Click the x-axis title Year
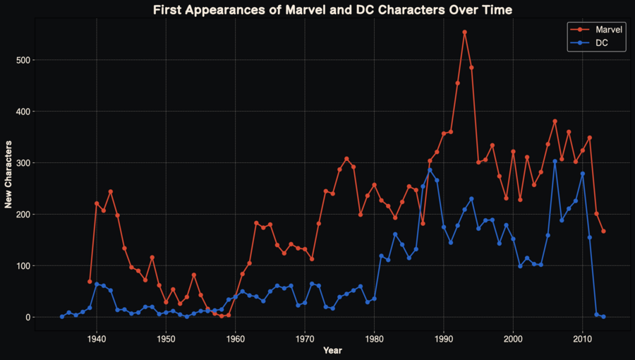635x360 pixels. click(x=332, y=350)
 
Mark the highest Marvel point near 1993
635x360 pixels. click(x=464, y=32)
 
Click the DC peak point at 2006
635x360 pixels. click(x=555, y=161)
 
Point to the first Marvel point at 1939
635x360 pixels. click(x=90, y=282)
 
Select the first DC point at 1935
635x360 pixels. click(x=62, y=317)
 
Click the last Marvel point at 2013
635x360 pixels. click(x=604, y=232)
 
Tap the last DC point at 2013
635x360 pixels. click(x=604, y=317)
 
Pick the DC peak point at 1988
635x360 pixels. click(x=430, y=170)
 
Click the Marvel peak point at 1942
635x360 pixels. click(x=111, y=192)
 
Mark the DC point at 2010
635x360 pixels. click(x=583, y=174)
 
